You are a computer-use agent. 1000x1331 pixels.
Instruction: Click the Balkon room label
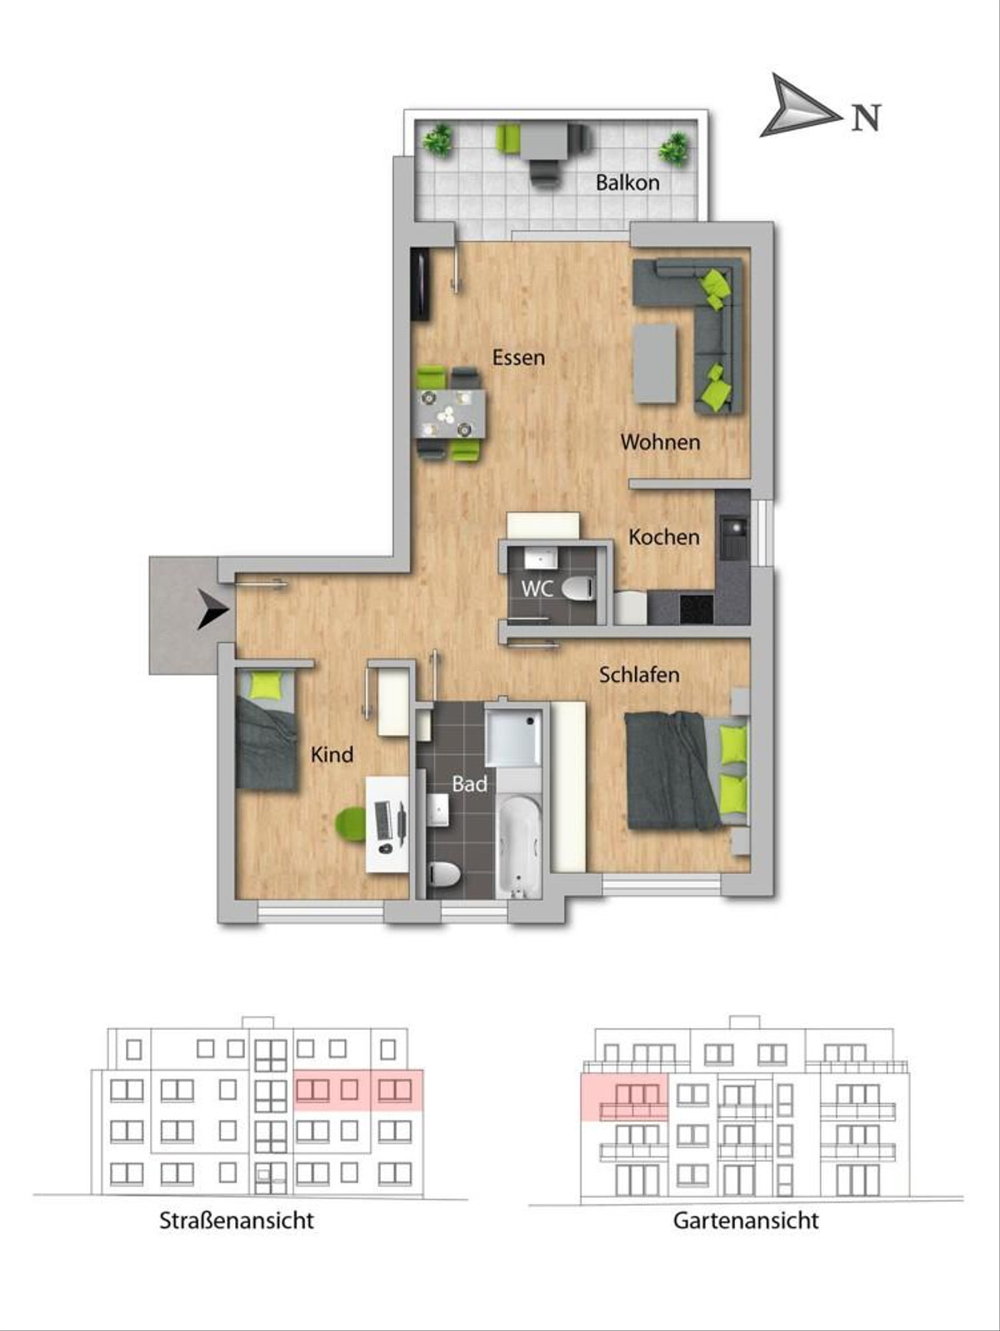[627, 183]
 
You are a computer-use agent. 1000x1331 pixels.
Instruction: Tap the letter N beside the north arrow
[866, 118]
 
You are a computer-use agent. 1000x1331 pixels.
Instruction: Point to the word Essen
[518, 357]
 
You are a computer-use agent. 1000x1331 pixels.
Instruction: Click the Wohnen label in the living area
[660, 441]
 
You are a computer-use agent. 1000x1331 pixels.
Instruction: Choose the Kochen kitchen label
[664, 536]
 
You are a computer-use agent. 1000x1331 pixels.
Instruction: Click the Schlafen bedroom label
[639, 675]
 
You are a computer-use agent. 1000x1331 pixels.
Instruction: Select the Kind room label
[332, 755]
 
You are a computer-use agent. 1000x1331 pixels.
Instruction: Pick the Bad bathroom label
[469, 784]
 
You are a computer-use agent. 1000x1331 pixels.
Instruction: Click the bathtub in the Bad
[517, 846]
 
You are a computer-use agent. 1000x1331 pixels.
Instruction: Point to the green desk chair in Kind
[351, 825]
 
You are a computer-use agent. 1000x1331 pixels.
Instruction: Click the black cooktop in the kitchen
[697, 609]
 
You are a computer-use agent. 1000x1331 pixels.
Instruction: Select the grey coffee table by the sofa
[655, 364]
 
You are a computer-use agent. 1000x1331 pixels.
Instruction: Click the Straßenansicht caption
[237, 1221]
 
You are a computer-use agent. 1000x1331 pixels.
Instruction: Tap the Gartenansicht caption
[746, 1221]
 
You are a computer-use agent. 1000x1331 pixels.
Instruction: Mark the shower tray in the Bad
[514, 736]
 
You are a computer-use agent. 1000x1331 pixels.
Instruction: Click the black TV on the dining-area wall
[420, 284]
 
